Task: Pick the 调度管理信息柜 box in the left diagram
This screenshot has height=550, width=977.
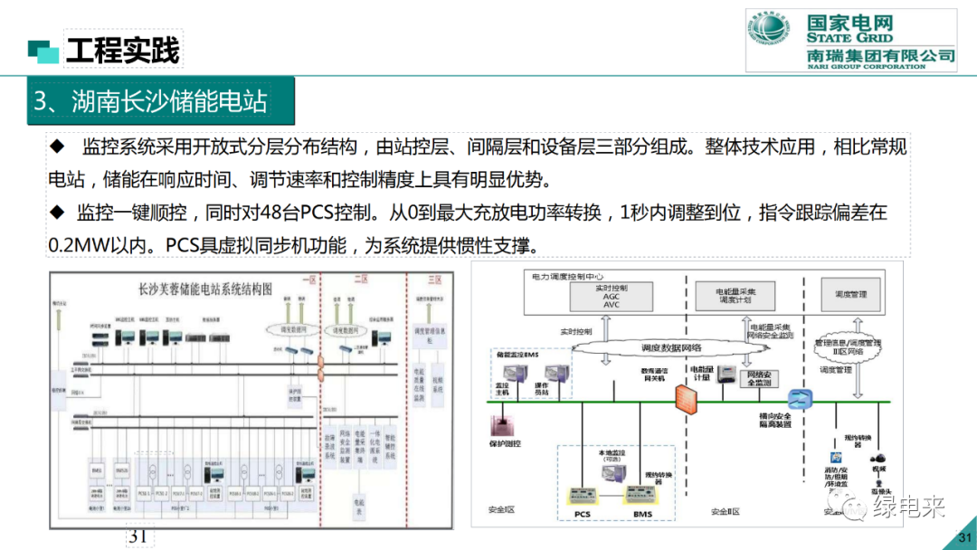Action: (x=429, y=337)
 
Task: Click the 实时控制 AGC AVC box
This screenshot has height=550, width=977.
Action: (x=612, y=297)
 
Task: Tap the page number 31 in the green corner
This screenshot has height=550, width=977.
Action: (x=962, y=540)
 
